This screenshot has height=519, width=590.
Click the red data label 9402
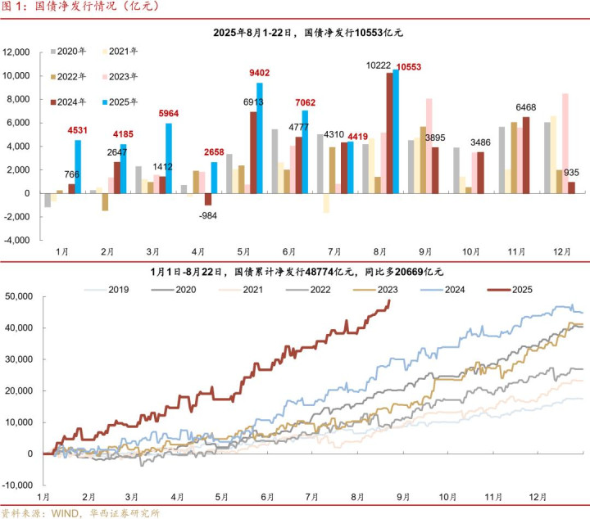pos(260,73)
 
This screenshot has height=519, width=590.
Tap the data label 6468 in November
pos(526,107)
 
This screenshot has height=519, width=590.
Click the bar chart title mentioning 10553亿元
pos(308,34)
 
